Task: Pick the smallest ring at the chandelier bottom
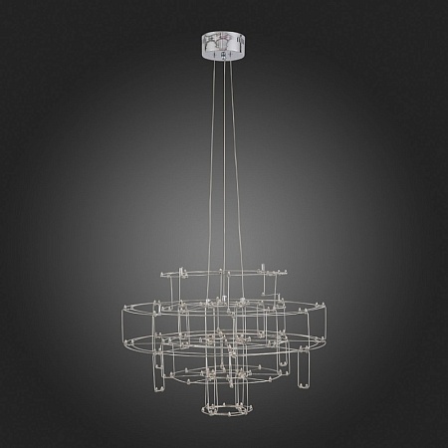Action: pyautogui.click(x=223, y=408)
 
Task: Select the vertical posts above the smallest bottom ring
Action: pyautogui.click(x=223, y=393)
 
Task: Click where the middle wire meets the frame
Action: pyautogui.click(x=223, y=299)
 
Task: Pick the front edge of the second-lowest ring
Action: pyautogui.click(x=223, y=382)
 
